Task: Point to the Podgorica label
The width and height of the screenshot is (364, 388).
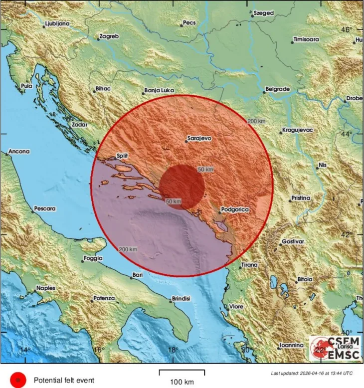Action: click(235, 210)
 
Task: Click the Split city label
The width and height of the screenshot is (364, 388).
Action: click(122, 156)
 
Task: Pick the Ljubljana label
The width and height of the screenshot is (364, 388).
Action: click(56, 23)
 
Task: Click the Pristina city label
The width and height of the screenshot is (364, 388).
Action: click(300, 198)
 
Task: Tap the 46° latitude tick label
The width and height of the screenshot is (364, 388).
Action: click(346, 30)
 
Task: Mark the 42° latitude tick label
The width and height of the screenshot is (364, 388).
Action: click(346, 234)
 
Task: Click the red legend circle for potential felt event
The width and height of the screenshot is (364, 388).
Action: click(18, 380)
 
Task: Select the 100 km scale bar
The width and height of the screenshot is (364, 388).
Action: click(182, 373)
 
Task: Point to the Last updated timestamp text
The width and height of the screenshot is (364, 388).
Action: click(312, 373)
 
